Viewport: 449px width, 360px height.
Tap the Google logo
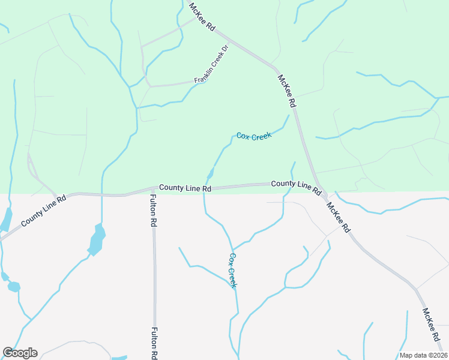click(20, 353)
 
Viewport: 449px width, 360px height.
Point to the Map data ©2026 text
click(423, 355)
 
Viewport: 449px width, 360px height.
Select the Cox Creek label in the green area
click(254, 136)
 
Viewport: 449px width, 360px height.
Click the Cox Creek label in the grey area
click(232, 270)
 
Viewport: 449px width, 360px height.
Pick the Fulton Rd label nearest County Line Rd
click(154, 210)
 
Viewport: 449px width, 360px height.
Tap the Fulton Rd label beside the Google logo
click(155, 343)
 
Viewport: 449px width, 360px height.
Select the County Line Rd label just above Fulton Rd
click(185, 188)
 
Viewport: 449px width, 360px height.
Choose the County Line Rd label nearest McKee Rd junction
click(295, 185)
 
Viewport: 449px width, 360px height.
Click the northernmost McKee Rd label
click(202, 17)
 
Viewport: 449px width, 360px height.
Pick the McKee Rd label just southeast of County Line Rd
click(339, 217)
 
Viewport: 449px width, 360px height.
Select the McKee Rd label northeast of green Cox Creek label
click(287, 91)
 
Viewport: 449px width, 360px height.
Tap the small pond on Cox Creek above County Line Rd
click(210, 175)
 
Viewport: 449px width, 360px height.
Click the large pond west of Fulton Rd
click(96, 239)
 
